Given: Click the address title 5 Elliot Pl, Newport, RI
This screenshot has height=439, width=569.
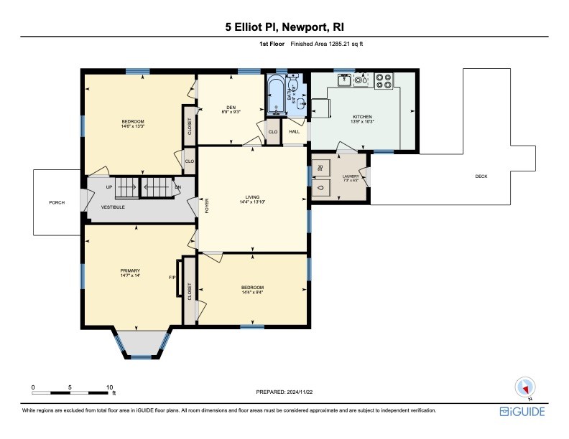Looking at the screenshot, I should (284, 27).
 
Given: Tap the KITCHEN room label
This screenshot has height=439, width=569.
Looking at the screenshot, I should (363, 116).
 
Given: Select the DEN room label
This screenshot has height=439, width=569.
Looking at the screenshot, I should (231, 108).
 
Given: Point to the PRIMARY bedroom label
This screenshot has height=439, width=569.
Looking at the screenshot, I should (129, 270).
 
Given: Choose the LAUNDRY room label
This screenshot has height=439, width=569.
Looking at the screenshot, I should (351, 176).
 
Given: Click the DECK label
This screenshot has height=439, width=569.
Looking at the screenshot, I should (481, 176).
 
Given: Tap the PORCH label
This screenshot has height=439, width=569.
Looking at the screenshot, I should (57, 203).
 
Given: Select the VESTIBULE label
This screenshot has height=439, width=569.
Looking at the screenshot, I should (113, 207).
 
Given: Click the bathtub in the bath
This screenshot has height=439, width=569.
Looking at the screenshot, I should (275, 98).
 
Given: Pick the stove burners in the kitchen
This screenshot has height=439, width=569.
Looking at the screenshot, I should (384, 80).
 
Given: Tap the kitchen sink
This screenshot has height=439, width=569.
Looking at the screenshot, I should (346, 80).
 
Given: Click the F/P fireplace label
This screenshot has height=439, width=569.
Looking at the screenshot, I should (172, 278).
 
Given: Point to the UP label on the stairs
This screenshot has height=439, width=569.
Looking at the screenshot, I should (109, 187).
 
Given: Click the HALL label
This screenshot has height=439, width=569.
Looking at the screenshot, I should (295, 132).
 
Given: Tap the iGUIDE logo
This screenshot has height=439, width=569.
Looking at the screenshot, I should (522, 411).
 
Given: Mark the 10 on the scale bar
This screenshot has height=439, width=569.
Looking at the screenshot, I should (109, 387).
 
